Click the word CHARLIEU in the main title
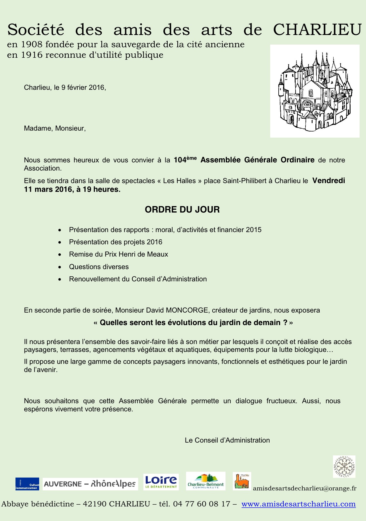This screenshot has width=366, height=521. click(317, 30)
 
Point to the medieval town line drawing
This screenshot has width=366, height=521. click(315, 91)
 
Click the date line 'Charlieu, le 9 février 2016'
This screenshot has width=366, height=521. click(65, 87)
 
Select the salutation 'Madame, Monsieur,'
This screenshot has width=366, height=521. click(55, 128)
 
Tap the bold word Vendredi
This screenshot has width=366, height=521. click(329, 181)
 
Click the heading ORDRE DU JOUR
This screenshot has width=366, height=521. click(182, 210)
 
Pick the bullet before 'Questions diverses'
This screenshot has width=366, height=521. click(60, 267)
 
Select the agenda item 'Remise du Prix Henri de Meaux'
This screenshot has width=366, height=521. click(118, 254)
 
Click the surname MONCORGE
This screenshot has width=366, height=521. click(187, 310)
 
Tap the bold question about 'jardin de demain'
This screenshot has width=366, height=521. click(193, 323)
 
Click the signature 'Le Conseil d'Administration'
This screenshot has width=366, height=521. click(227, 440)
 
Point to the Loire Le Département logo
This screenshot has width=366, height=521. click(161, 482)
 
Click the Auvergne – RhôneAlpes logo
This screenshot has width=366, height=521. click(90, 484)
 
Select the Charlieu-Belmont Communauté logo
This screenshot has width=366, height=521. click(206, 481)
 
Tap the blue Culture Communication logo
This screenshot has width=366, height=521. click(27, 484)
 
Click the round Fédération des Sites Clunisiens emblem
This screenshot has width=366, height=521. click(344, 466)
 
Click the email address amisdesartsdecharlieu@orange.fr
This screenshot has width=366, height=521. click(305, 489)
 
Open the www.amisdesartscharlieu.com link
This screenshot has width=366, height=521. click(298, 504)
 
